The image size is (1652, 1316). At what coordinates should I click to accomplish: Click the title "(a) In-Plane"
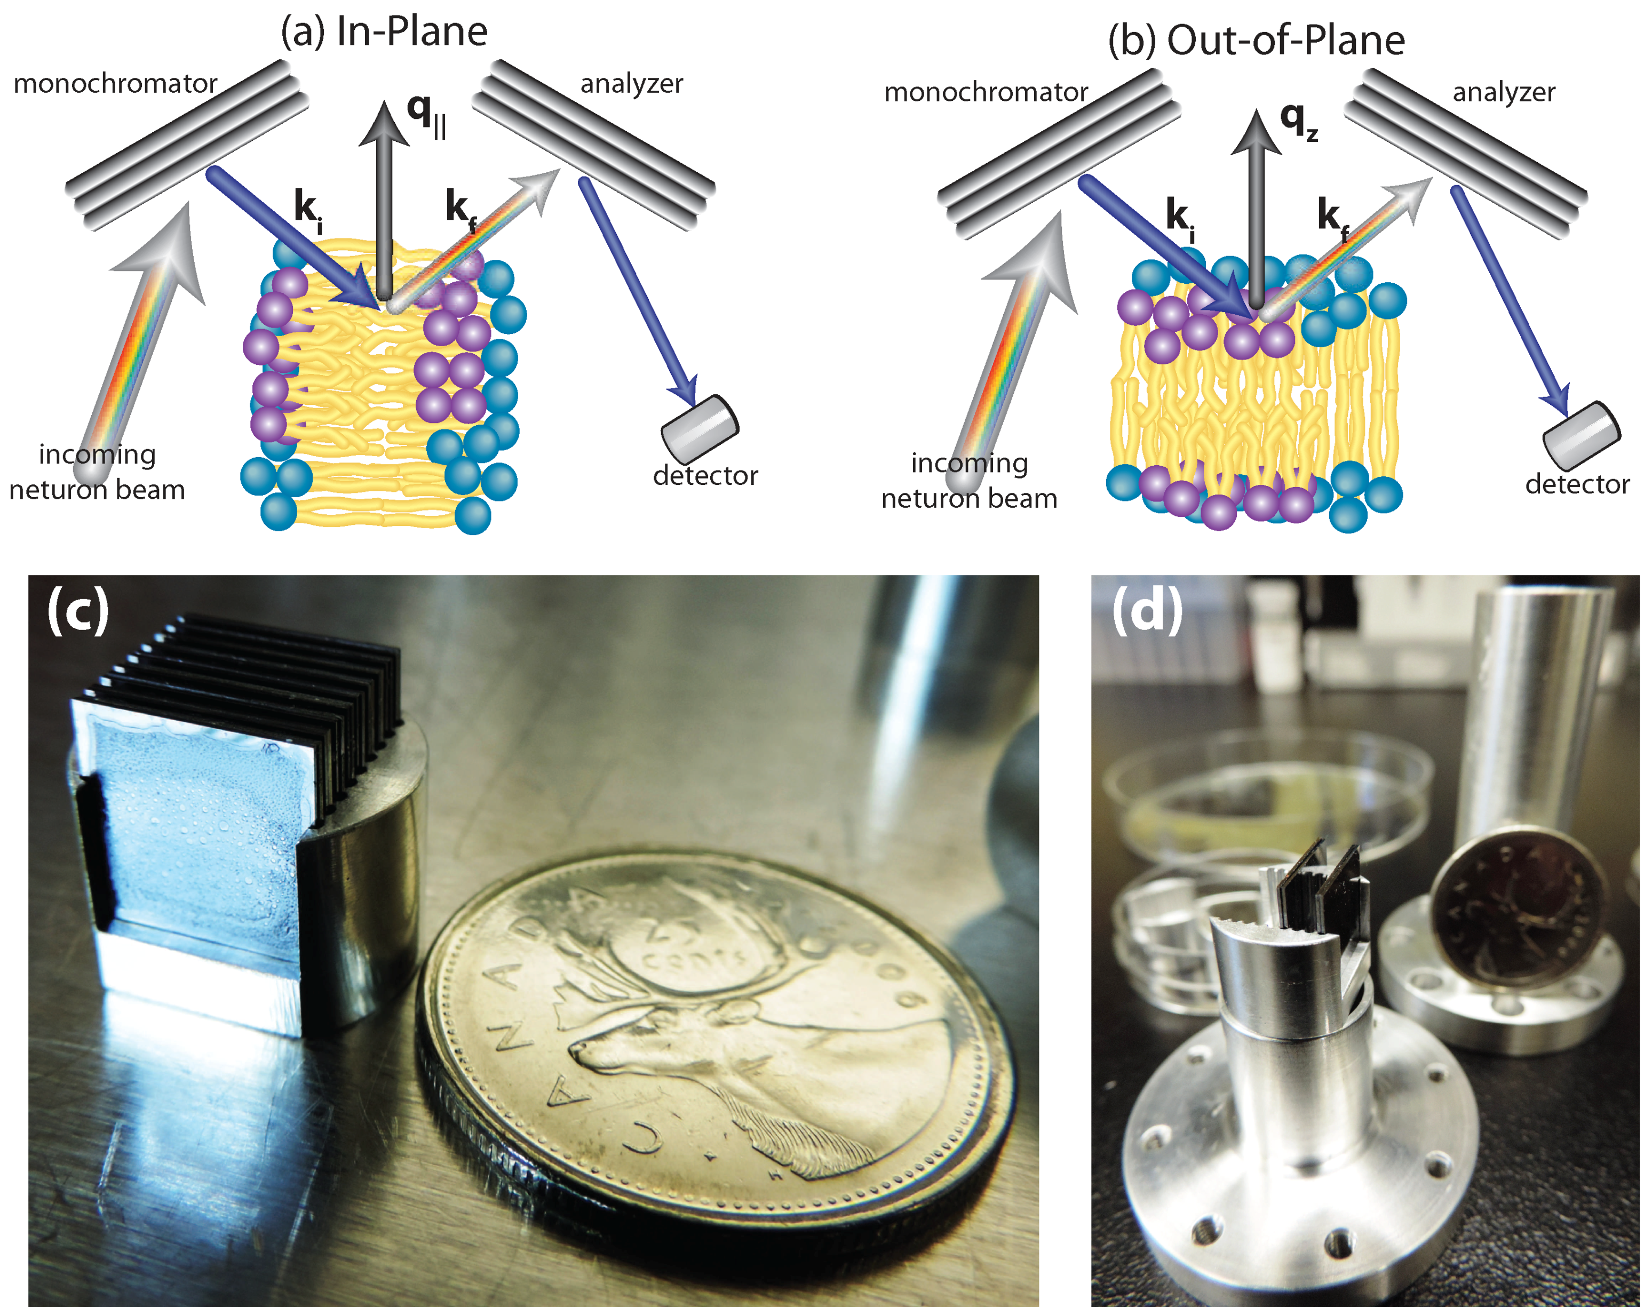[384, 32]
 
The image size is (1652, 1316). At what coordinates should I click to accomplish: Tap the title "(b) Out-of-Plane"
[1256, 41]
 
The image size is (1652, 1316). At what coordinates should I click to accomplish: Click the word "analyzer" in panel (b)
[1503, 92]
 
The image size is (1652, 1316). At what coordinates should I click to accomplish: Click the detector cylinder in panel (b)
[1580, 436]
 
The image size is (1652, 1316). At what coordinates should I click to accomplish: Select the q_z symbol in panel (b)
[1298, 121]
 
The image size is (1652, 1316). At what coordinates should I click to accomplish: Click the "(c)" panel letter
[77, 610]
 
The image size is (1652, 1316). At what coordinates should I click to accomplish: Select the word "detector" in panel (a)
[705, 476]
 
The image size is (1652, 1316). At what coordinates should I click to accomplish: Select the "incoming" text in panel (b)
[970, 464]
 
